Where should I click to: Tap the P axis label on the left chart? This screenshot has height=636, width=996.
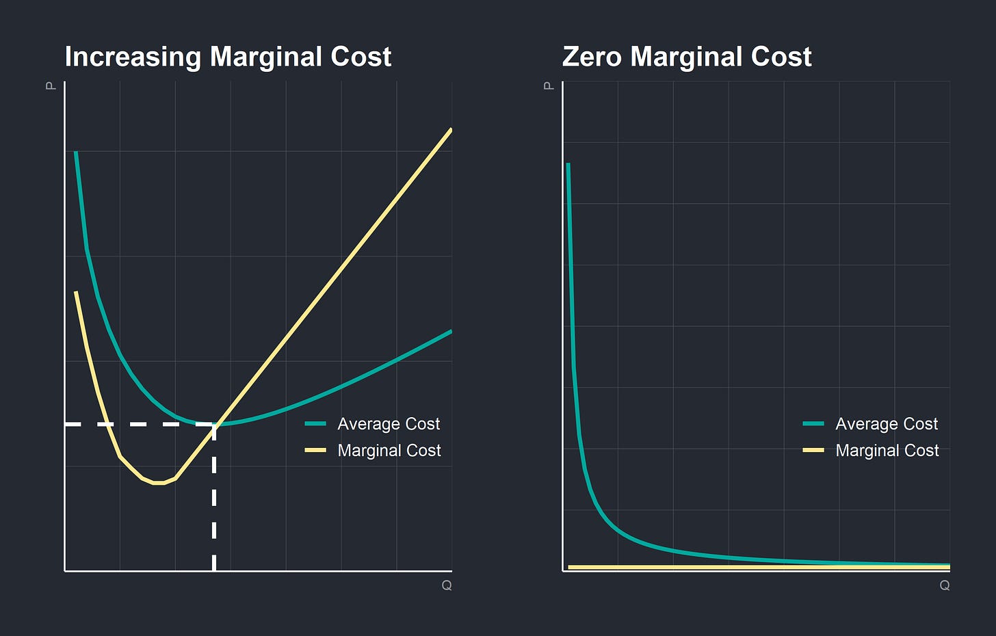click(51, 86)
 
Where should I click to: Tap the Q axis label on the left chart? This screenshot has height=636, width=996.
click(447, 585)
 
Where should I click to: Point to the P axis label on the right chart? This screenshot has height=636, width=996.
click(549, 86)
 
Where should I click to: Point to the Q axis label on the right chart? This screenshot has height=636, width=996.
click(945, 585)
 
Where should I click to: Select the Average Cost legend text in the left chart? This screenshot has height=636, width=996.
click(389, 424)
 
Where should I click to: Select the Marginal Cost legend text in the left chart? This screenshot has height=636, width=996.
click(389, 451)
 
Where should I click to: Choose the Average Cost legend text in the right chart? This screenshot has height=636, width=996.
click(887, 424)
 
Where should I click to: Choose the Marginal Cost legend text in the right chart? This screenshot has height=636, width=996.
click(887, 451)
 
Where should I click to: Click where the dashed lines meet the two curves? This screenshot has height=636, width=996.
click(215, 425)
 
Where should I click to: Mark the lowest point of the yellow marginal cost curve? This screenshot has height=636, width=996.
click(159, 483)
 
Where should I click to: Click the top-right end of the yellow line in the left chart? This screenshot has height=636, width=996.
click(451, 129)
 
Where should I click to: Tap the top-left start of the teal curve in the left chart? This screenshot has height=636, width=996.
click(76, 153)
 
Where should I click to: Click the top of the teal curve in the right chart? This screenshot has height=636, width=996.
click(568, 165)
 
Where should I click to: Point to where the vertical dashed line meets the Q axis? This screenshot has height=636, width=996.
click(215, 570)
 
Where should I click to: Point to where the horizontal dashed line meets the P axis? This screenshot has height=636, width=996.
click(66, 425)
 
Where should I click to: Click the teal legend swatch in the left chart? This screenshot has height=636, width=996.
click(315, 424)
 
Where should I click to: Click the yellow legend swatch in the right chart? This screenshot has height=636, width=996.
click(813, 451)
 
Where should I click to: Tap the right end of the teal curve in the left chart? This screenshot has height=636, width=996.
click(451, 332)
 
